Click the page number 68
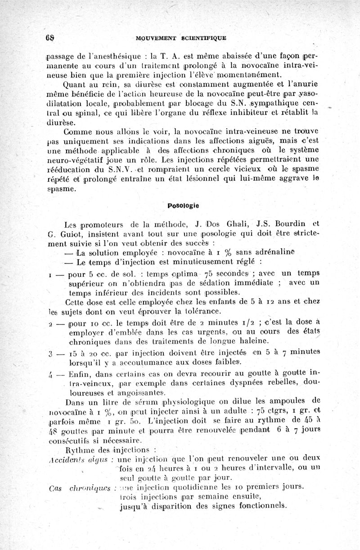49,37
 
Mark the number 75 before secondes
209,275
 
